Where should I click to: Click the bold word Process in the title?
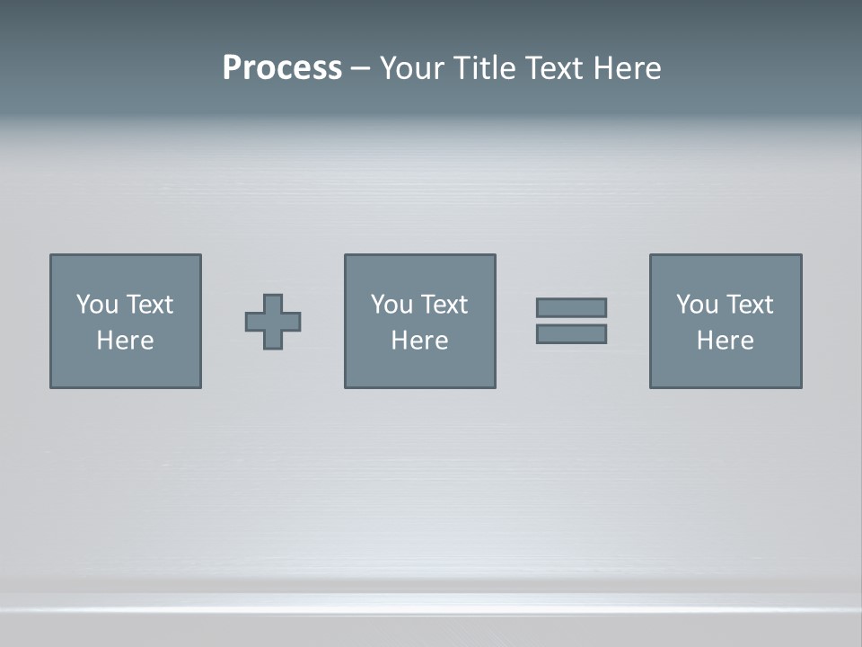282,68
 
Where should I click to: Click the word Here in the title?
628,68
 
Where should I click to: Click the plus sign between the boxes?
273,322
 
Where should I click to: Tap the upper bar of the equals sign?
571,307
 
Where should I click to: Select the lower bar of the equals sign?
571,334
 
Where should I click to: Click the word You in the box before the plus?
97,305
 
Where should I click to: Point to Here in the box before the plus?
125,341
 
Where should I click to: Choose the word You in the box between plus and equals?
391,305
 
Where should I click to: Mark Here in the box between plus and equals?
419,341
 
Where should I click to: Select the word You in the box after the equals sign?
697,305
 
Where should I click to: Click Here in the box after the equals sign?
725,341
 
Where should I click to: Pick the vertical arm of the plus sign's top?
273,304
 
